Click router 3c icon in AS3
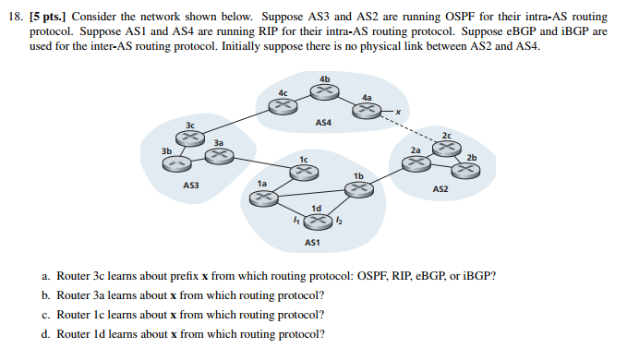[x=189, y=137]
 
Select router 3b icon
[x=175, y=162]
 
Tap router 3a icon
[x=218, y=156]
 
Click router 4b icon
[x=324, y=90]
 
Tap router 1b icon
[x=357, y=188]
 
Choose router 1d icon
[x=316, y=220]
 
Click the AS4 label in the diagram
[x=323, y=122]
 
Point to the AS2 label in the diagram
[x=441, y=188]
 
